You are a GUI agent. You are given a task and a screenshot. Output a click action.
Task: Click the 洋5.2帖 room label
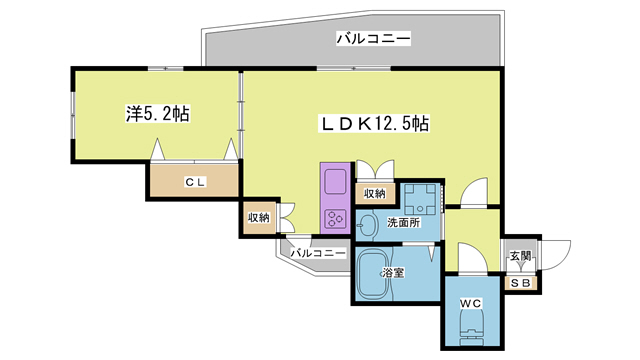[157, 115]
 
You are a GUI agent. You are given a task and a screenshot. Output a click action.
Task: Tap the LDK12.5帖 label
[374, 124]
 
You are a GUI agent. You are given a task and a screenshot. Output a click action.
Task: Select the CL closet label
[194, 182]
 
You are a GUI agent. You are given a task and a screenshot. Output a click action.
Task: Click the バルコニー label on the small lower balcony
[318, 254]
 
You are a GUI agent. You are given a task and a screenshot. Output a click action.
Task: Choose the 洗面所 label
[405, 222]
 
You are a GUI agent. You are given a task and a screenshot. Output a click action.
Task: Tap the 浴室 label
[392, 271]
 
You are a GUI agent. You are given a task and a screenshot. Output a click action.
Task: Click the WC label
[471, 302]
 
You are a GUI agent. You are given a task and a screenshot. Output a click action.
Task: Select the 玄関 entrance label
[521, 256]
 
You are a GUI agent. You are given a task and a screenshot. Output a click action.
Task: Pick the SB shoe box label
[521, 281]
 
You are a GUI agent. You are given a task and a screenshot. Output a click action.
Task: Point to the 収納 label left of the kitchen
[258, 217]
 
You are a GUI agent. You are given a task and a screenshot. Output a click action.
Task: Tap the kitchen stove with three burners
[333, 218]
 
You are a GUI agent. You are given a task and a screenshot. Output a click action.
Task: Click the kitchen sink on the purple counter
[333, 186]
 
